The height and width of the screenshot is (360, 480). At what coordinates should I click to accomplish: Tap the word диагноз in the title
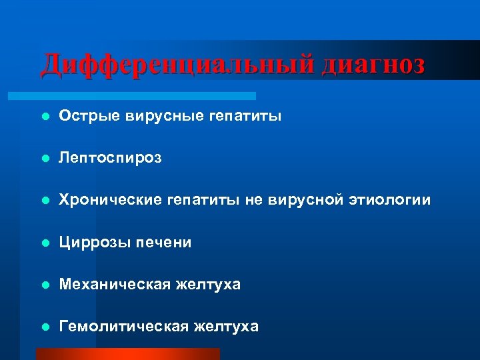coord(372,65)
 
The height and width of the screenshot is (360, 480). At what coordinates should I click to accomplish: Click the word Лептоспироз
coord(110,159)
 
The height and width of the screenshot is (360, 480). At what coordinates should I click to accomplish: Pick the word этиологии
coord(389,200)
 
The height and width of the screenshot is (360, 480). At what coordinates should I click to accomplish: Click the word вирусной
coord(306,200)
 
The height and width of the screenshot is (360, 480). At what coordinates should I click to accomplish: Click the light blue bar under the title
coord(147,96)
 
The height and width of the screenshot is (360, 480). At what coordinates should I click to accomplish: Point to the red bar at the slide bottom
coord(127,354)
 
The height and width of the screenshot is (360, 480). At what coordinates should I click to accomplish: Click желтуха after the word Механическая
coord(208,285)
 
